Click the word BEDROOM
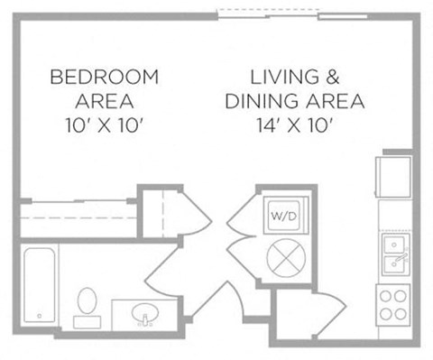coord(105,77)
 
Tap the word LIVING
coord(285,77)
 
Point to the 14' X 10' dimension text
coord(294,125)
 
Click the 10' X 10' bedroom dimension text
coord(104,125)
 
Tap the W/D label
coord(283,216)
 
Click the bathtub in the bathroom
coord(40,285)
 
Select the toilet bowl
coord(87,300)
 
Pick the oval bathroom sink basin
coord(145,312)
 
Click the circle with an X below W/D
coord(286,258)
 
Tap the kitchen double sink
coord(395,254)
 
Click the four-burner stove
coord(393,305)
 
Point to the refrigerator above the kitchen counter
coord(393,177)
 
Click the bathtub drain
coord(39,316)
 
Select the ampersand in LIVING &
coord(332,77)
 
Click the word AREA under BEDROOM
coord(105,101)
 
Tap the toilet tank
coord(88,322)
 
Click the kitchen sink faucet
coord(401,258)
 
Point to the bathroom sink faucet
coord(145,320)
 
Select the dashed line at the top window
coord(269,10)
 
